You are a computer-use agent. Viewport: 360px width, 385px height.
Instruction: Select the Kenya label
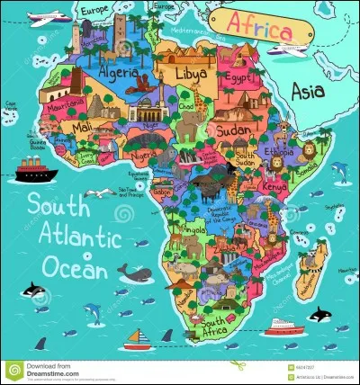click(274, 185)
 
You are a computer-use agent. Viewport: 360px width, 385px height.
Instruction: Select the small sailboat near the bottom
click(136, 339)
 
